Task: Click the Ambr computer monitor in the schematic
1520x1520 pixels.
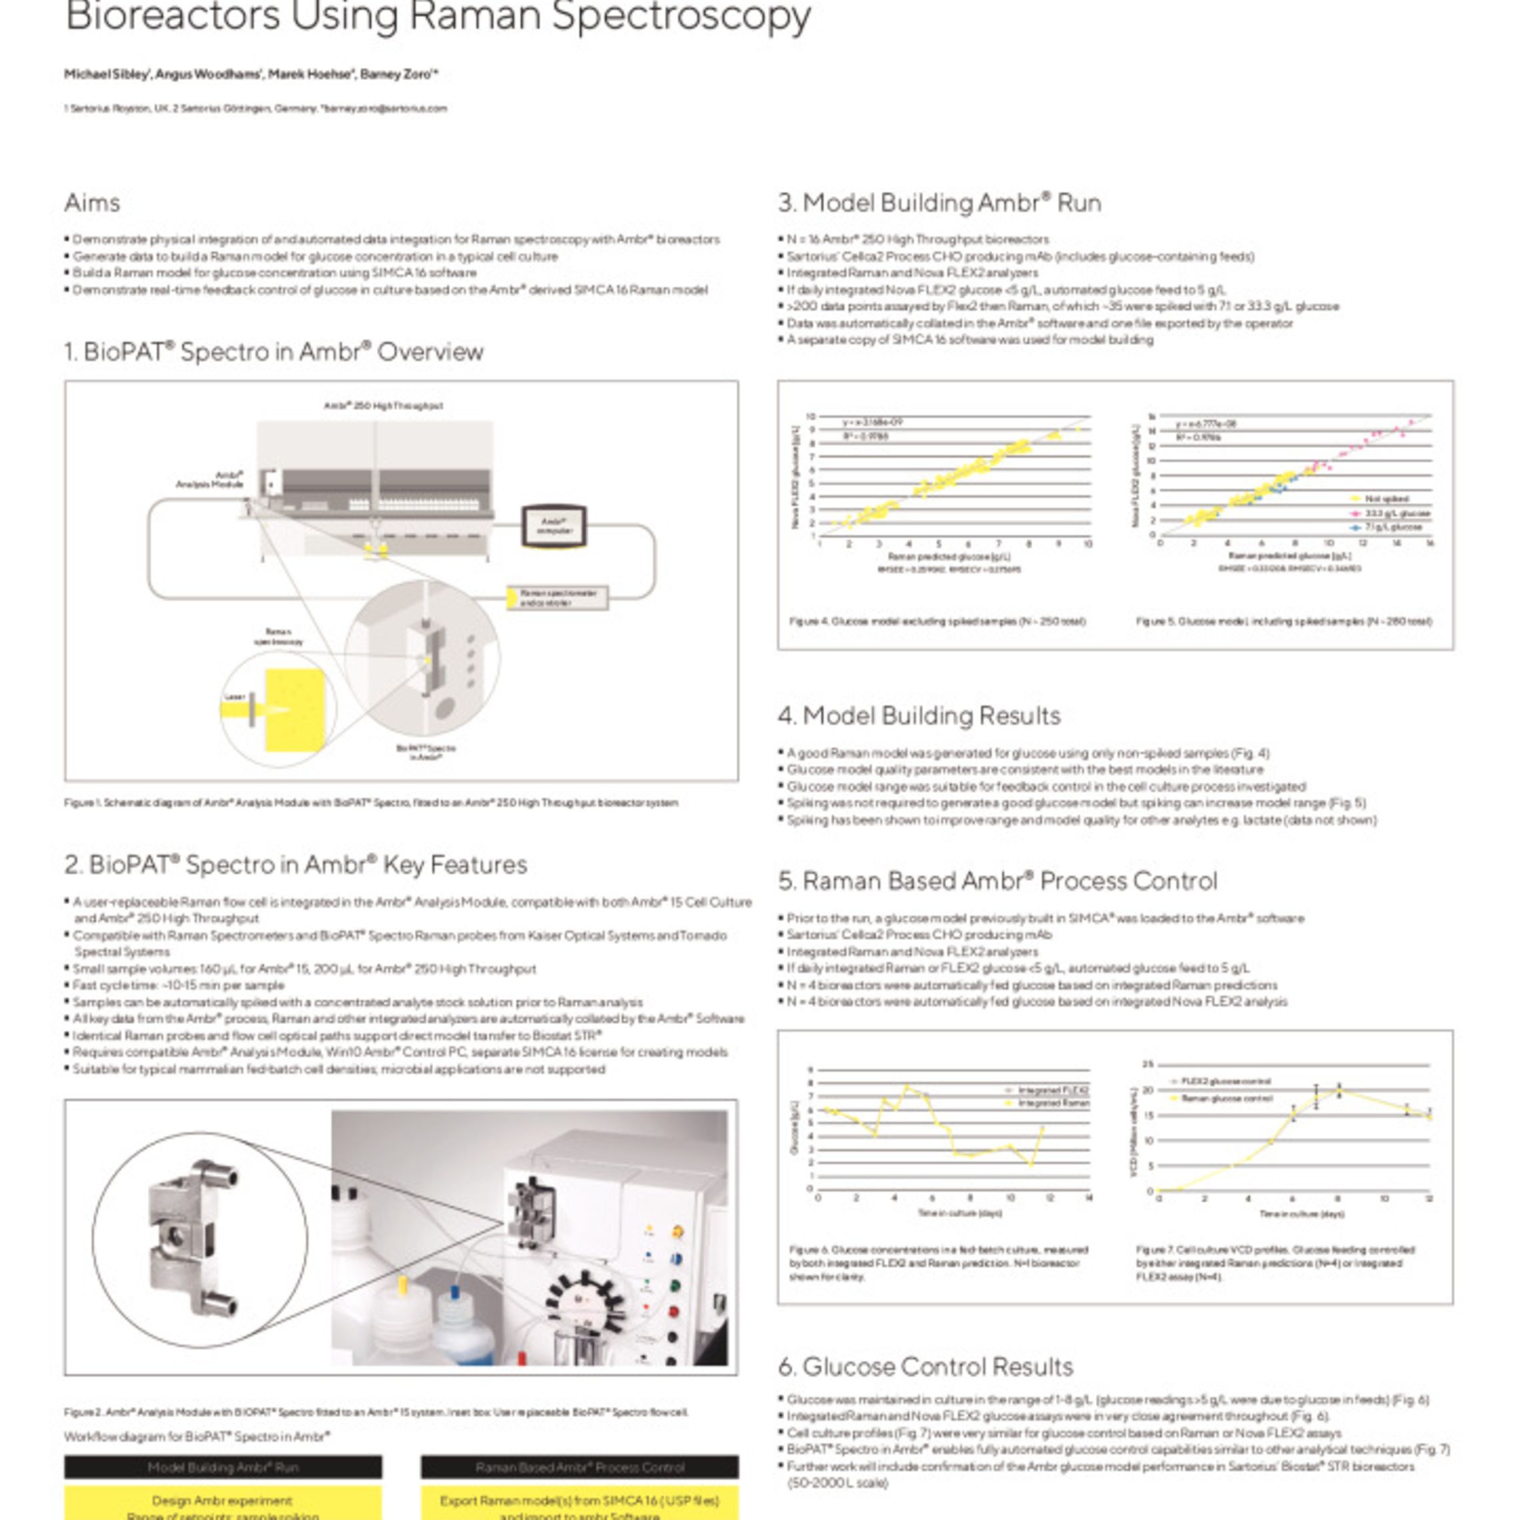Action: coord(554,525)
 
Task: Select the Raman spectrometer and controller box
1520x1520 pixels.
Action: coord(558,598)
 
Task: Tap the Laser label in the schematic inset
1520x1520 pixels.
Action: coord(235,696)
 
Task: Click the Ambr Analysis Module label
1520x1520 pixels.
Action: coord(210,480)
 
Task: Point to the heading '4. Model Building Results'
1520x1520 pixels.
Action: coord(919,715)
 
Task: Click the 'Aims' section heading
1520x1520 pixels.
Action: coord(92,203)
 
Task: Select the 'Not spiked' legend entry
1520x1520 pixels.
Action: coord(1385,499)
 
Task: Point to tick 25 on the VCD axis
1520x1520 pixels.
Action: coord(1147,1065)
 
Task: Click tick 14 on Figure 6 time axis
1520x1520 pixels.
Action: coord(1089,1198)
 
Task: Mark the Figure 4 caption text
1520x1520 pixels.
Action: coord(938,621)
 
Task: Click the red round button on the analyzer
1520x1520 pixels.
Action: coord(673,1311)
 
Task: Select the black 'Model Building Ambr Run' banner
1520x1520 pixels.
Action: coord(223,1467)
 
